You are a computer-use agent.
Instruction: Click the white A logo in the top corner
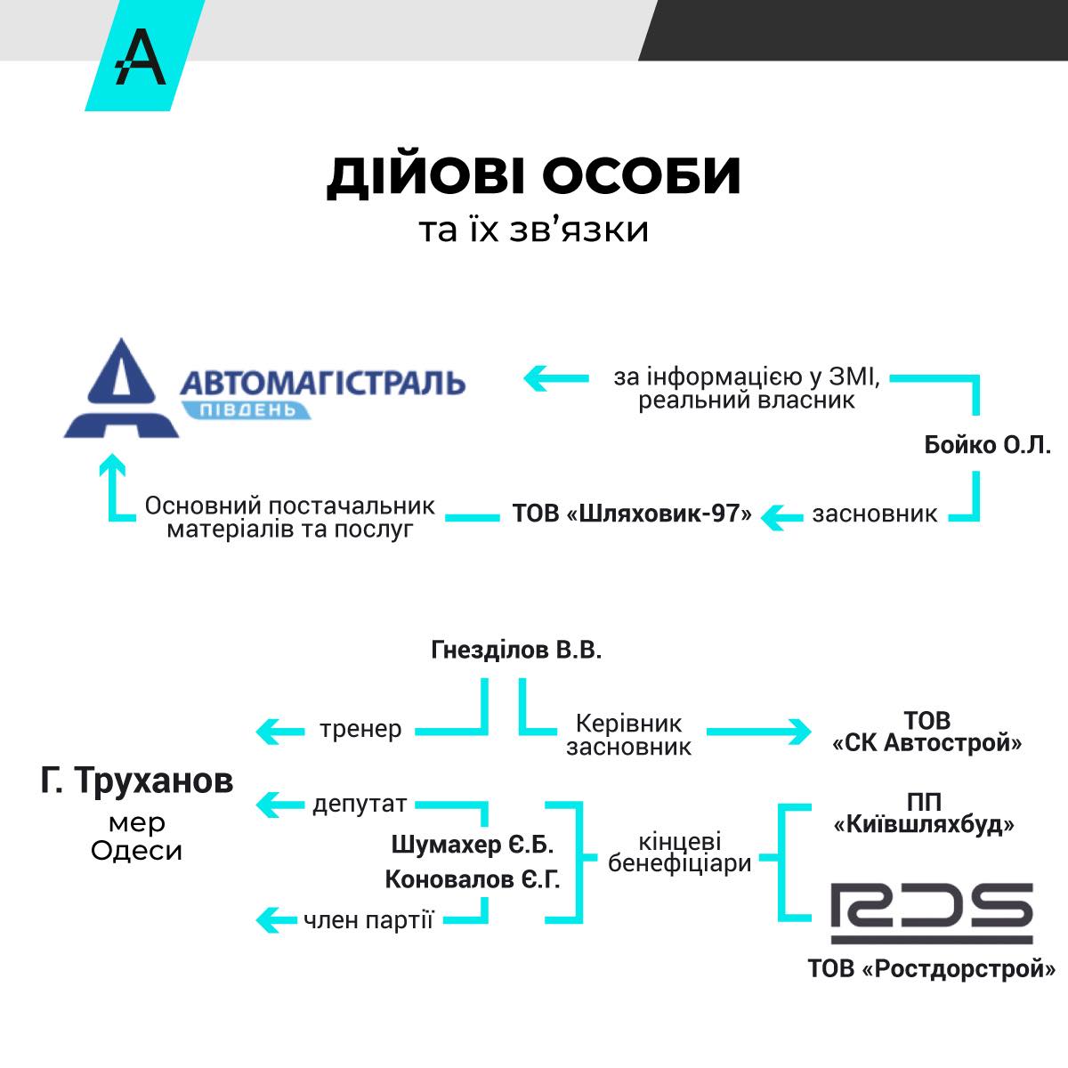tap(142, 57)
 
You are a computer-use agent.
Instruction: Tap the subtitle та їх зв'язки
tap(533, 230)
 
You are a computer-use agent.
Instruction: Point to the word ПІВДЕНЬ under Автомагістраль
tap(247, 409)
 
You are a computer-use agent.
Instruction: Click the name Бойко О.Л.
tap(988, 445)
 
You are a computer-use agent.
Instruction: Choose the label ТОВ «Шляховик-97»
tap(632, 514)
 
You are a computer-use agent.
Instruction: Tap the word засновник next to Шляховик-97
tap(874, 514)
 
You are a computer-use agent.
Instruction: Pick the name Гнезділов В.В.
tap(516, 651)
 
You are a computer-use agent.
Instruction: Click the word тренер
tap(360, 730)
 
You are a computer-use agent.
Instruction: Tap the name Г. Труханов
tap(137, 781)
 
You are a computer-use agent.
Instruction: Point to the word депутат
tap(360, 805)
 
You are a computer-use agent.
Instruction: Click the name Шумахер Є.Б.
tap(473, 844)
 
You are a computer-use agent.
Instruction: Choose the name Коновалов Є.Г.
tap(473, 880)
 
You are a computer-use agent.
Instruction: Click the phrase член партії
tap(368, 920)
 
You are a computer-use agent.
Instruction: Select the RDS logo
tap(931, 913)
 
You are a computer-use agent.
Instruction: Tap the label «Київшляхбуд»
tap(924, 825)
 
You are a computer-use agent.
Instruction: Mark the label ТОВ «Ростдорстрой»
tap(931, 968)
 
